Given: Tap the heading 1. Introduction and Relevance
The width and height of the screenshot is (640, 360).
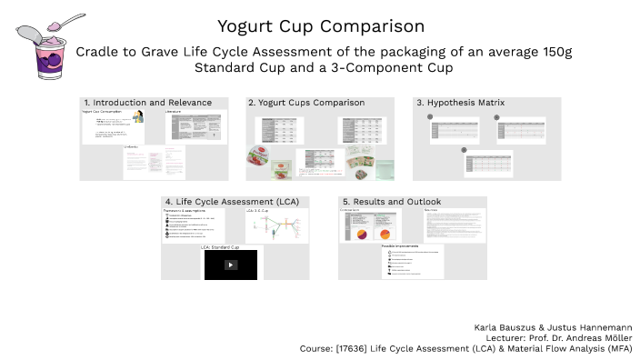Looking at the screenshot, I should (146, 103).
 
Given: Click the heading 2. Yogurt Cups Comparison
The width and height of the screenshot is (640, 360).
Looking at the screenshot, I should (305, 103).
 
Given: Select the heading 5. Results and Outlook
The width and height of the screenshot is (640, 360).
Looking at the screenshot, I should (390, 201).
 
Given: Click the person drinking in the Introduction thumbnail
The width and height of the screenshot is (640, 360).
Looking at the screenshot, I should (137, 117).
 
